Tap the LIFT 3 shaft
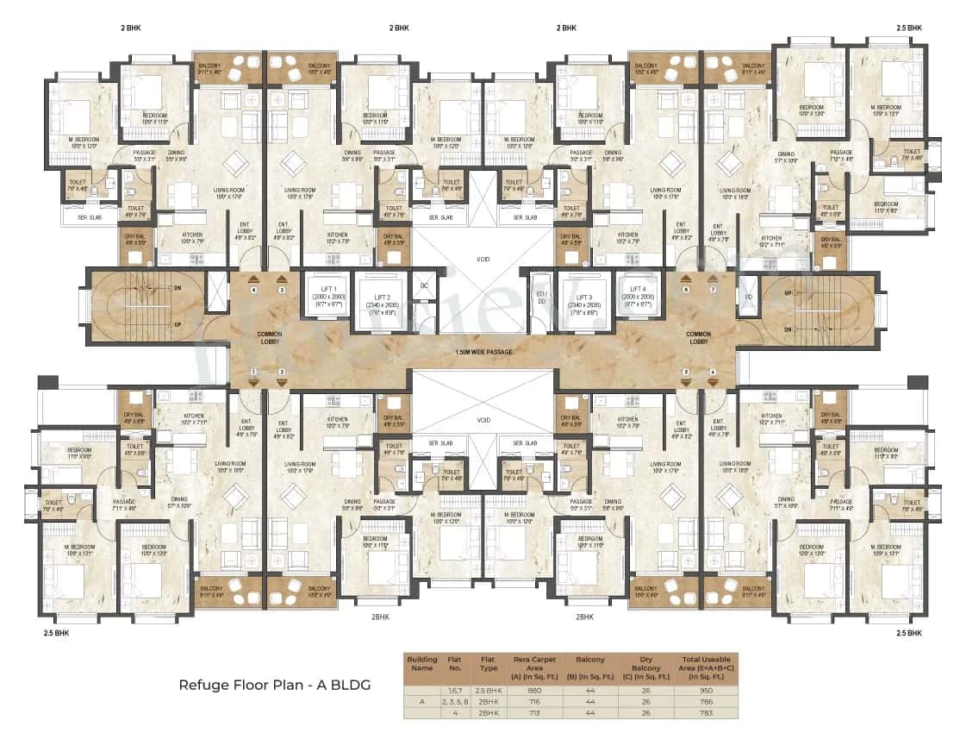[581, 302]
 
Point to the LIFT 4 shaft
[637, 297]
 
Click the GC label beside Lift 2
[423, 285]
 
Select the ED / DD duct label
[541, 298]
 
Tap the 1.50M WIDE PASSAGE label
[484, 352]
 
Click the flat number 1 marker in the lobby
[253, 373]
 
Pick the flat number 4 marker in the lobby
[253, 291]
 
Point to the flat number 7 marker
[713, 291]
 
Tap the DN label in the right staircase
[787, 329]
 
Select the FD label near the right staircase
[748, 298]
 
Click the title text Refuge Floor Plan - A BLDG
[274, 685]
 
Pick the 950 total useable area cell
[706, 691]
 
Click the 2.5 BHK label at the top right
[908, 28]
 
